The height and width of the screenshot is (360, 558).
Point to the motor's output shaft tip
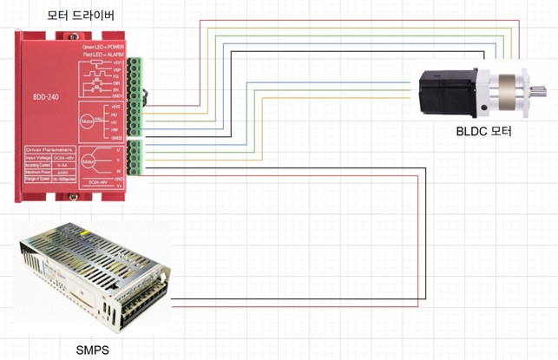(542, 90)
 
